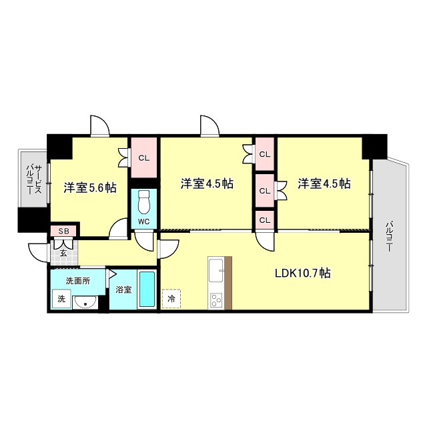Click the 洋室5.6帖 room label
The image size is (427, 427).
tap(89, 187)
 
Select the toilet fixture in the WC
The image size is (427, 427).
tap(143, 201)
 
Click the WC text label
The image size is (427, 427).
tap(143, 222)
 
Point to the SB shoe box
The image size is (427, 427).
tap(63, 231)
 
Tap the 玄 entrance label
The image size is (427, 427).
tap(63, 253)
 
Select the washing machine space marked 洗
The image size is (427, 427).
tap(61, 299)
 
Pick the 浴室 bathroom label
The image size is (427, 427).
tap(123, 290)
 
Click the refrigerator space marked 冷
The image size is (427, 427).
tap(171, 298)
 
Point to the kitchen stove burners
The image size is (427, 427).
tap(216, 300)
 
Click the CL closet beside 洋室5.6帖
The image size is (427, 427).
tap(143, 157)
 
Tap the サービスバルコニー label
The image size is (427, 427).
tap(33, 180)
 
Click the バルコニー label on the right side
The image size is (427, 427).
tap(388, 236)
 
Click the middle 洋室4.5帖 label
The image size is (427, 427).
tap(207, 183)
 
